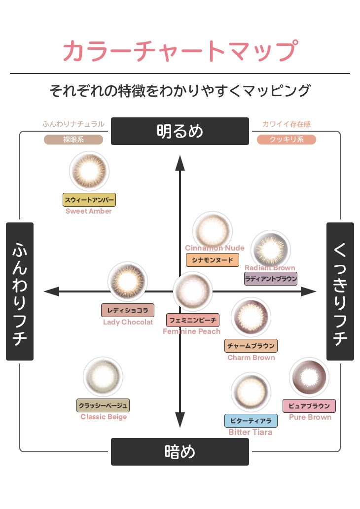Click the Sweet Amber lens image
click(89, 171)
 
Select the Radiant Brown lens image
click(270, 250)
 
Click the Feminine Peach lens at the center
click(192, 291)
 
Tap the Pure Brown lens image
click(309, 378)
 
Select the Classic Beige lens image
click(103, 377)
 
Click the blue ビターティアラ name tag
click(251, 421)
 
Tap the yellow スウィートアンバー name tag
click(89, 199)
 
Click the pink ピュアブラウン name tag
click(309, 406)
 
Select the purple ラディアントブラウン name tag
click(271, 279)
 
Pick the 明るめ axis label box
click(180, 131)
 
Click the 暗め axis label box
click(180, 451)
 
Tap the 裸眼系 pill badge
click(73, 140)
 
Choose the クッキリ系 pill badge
click(286, 140)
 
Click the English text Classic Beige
click(104, 417)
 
